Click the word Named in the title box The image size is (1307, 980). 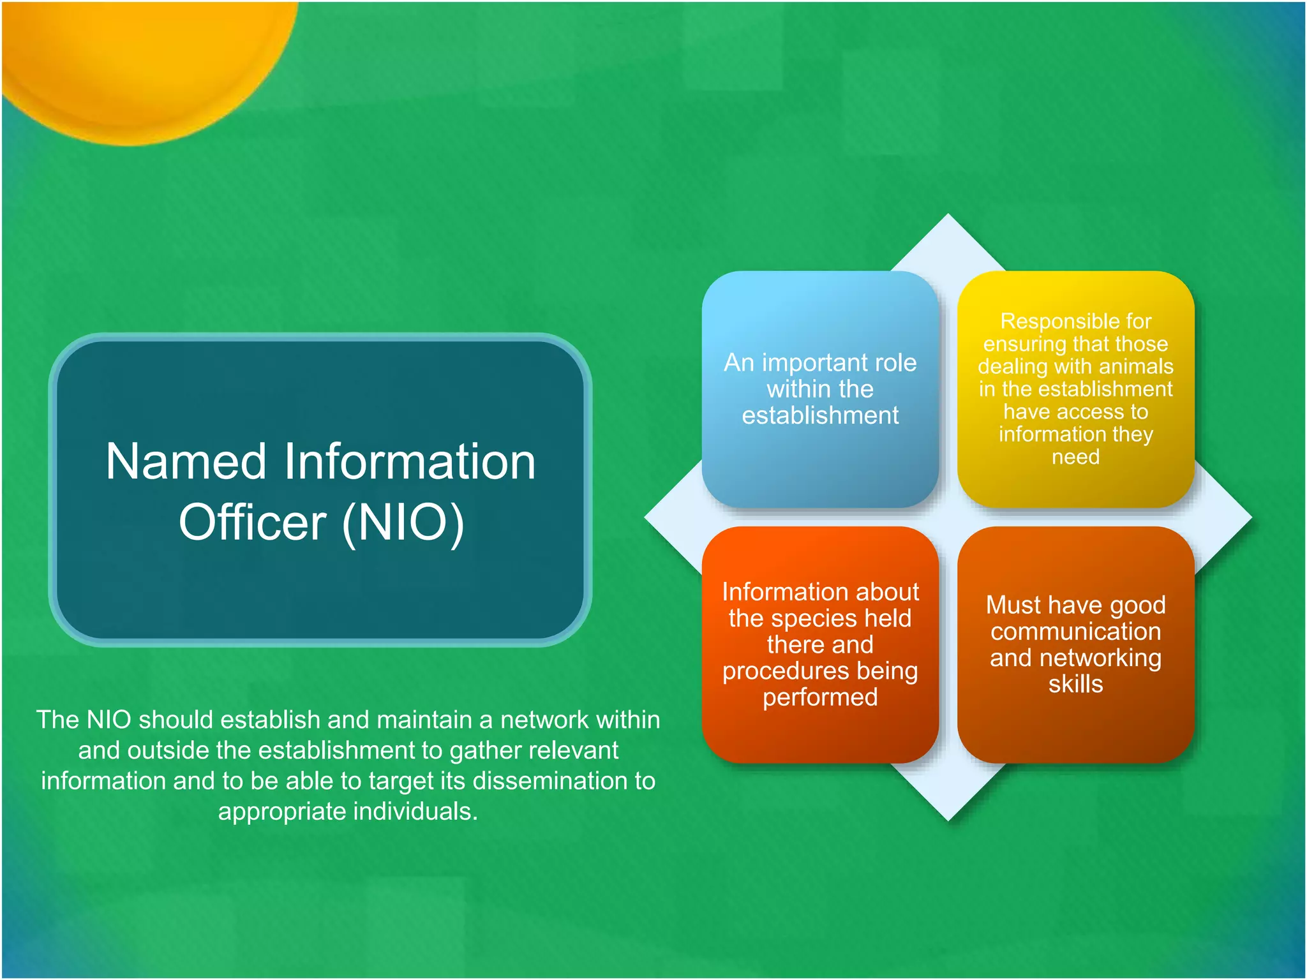186,462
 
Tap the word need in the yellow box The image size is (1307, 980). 1075,457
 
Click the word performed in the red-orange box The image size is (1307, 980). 820,697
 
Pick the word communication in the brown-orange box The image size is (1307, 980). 1075,632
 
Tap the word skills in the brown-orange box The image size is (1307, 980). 1075,684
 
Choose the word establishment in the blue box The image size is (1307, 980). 820,416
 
